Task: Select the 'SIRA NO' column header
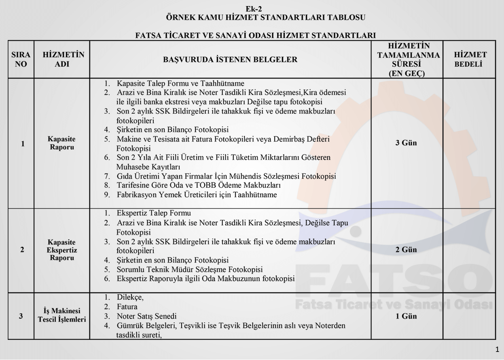click(21, 59)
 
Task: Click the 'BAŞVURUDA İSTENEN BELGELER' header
click(230, 60)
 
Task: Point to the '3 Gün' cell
click(406, 143)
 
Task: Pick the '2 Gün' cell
click(406, 250)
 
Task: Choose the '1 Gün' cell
click(406, 316)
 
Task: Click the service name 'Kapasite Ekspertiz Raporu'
click(61, 250)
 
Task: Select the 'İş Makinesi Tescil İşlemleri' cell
click(61, 315)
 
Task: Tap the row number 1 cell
click(22, 143)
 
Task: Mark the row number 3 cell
click(21, 316)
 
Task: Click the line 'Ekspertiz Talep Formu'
click(153, 213)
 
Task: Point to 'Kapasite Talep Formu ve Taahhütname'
click(180, 84)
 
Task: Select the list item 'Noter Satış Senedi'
click(146, 316)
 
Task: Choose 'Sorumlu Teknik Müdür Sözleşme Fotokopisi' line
click(189, 269)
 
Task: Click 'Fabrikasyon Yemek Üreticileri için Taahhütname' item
click(197, 195)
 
